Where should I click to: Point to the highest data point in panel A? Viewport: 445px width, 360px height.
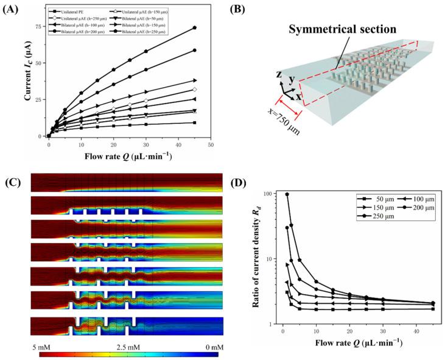click(x=194, y=27)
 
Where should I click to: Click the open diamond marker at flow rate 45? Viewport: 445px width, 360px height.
click(x=194, y=90)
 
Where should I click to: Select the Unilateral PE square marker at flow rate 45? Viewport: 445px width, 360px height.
click(x=194, y=122)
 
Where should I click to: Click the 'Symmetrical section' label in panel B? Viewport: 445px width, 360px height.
click(x=335, y=29)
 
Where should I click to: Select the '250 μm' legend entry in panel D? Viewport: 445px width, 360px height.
click(x=380, y=218)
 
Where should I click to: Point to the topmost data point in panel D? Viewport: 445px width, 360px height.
click(x=287, y=194)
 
